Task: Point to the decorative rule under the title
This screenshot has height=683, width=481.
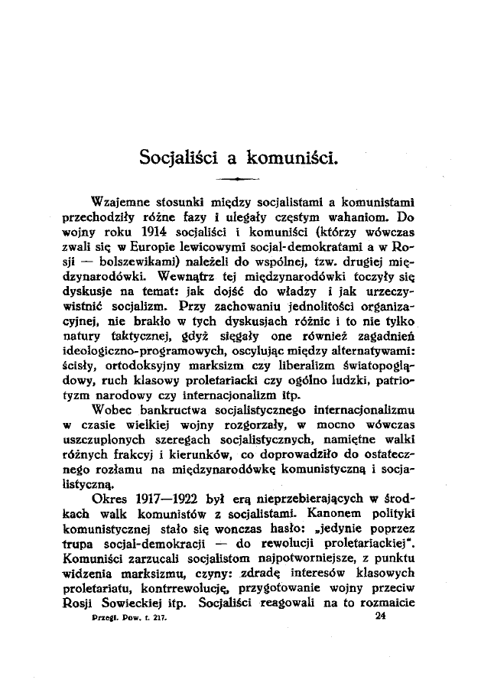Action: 238,179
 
